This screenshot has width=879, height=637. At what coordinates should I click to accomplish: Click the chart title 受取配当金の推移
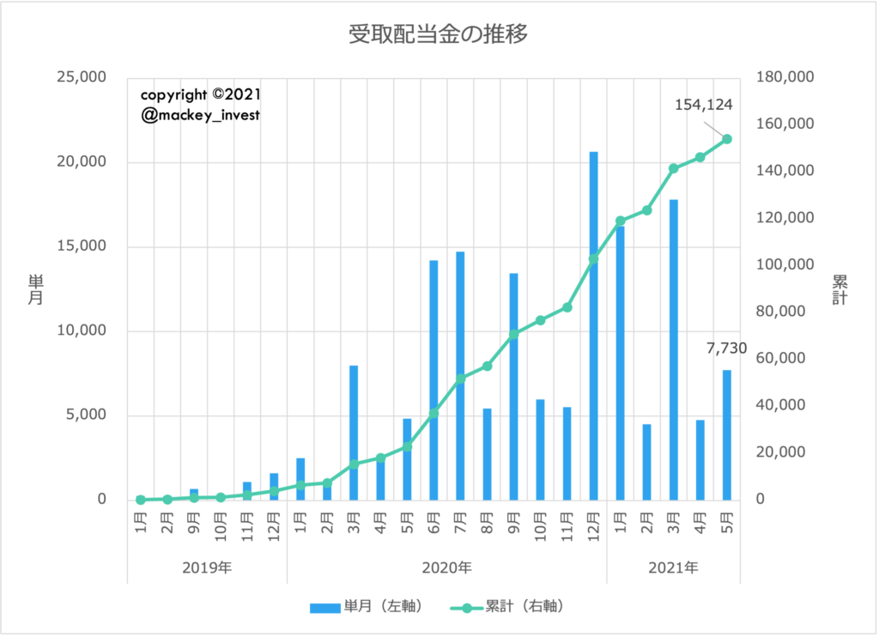coord(438,34)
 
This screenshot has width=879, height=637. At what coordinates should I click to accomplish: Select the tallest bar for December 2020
coord(593,326)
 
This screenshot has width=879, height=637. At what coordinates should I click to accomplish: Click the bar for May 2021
coord(727,434)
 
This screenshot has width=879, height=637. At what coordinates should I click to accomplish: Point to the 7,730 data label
coord(726,349)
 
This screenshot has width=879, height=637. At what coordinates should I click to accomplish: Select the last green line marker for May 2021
coord(727,139)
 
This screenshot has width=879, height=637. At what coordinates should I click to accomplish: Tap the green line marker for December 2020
coord(593,258)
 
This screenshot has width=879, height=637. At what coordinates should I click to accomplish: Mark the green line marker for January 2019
coord(140,500)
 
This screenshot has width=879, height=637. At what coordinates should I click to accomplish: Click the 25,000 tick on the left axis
coord(80,78)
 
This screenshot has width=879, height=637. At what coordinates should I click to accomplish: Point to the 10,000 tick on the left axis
coord(80,331)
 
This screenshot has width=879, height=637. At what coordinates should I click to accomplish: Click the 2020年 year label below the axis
coord(446,567)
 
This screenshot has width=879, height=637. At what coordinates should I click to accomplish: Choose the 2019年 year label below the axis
coord(207,567)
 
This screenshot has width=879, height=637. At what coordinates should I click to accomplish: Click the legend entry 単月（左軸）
coord(366,607)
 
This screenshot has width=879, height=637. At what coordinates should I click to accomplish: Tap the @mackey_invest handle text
coord(200,115)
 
